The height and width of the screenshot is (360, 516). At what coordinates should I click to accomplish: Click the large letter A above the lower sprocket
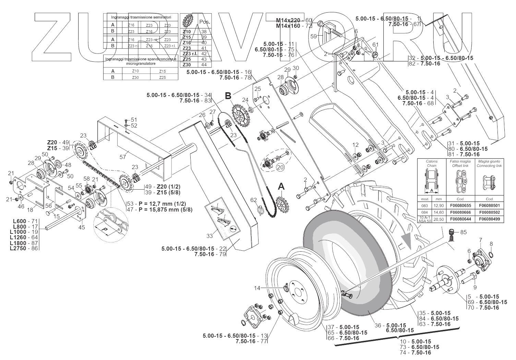coord(281,186)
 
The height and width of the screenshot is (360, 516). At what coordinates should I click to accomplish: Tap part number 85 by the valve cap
coord(464,232)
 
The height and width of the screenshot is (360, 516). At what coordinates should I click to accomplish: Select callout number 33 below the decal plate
coord(210,236)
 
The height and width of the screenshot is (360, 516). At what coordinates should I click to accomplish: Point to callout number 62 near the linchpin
coord(253,200)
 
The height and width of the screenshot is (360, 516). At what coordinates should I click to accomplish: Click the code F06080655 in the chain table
coord(460,205)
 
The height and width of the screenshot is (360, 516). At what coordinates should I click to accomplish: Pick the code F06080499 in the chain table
coord(489,218)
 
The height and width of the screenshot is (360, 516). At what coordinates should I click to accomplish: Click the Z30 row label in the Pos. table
coord(187,65)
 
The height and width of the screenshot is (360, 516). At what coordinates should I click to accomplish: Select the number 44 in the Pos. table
coord(204,65)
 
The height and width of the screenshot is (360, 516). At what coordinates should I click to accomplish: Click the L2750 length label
coord(19,248)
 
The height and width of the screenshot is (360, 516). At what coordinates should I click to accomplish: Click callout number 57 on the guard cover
coord(123,157)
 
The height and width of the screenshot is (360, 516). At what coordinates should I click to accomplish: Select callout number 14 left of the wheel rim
coord(257,288)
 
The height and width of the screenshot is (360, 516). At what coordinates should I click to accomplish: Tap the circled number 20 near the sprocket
coord(280,168)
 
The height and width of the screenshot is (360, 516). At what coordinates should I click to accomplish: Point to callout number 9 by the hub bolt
coord(475,287)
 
